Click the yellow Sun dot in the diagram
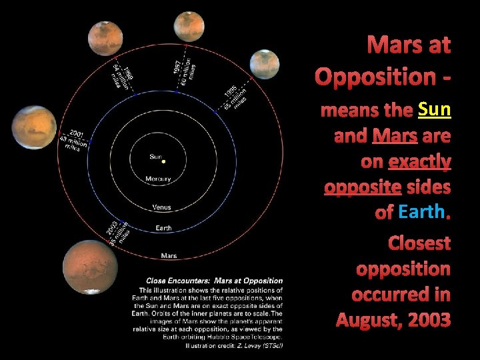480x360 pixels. (x=164, y=161)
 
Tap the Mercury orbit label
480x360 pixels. (x=158, y=179)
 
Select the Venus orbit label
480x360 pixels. (x=161, y=207)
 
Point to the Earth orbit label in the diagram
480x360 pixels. (x=163, y=228)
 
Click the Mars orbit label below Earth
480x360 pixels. (x=169, y=255)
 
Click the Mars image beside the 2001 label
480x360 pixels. (x=34, y=127)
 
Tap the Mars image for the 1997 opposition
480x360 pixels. (x=189, y=27)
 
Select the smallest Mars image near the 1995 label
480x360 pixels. (x=265, y=64)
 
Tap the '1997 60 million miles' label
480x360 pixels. (x=184, y=73)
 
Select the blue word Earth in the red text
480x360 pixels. (x=420, y=212)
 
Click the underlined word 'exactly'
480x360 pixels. (x=419, y=161)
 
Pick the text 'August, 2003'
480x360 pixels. (x=393, y=319)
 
